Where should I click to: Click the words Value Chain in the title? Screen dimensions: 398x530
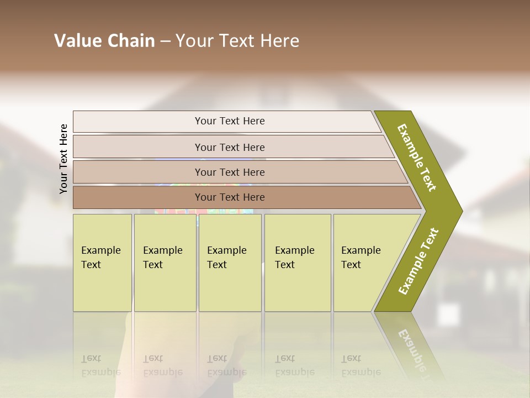pos(104,41)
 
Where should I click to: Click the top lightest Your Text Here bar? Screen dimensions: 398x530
pos(229,121)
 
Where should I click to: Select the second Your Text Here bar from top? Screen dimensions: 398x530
pos(229,147)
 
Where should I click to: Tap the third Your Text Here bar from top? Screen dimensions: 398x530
pos(229,172)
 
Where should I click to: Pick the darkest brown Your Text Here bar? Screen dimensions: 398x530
pos(229,197)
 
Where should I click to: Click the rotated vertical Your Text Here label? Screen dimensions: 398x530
pos(63,159)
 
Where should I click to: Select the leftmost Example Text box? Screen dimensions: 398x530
pos(102,262)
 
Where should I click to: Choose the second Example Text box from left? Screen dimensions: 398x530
pos(165,262)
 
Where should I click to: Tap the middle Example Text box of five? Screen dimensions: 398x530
pos(230,262)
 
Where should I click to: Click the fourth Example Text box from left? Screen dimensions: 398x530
pos(297,262)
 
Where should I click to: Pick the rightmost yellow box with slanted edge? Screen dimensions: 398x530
pos(364,262)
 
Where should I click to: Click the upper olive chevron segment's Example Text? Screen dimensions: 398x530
pos(417,158)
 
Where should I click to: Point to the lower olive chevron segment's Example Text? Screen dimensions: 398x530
pos(418,261)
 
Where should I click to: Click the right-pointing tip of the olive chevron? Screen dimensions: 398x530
pos(459,211)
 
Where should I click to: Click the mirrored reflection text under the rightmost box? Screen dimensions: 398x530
pos(361,365)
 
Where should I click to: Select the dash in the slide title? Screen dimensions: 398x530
pos(165,41)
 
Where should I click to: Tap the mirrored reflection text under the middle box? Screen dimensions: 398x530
pos(226,365)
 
